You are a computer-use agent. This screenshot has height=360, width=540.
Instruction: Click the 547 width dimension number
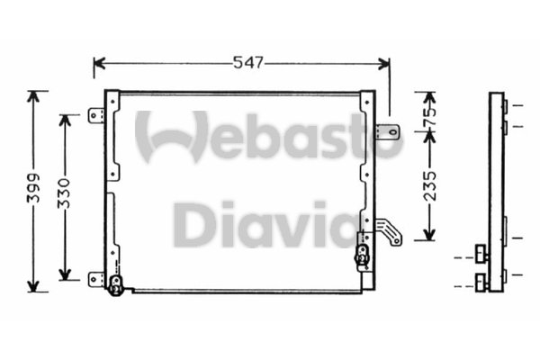point(247,63)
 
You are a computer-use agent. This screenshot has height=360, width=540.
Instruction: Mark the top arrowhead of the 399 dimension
point(35,95)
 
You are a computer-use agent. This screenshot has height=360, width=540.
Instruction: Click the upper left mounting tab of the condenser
point(96,115)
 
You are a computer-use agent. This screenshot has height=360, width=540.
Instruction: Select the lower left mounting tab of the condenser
point(96,278)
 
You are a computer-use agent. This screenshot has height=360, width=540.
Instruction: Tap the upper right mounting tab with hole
point(387,132)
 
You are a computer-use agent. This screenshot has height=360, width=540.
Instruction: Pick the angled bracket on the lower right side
point(389,232)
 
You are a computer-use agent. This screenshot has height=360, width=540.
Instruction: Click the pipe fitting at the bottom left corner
point(115,287)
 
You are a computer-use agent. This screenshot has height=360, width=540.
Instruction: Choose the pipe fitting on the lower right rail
point(363,256)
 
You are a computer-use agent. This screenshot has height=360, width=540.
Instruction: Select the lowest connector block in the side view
point(483,285)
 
